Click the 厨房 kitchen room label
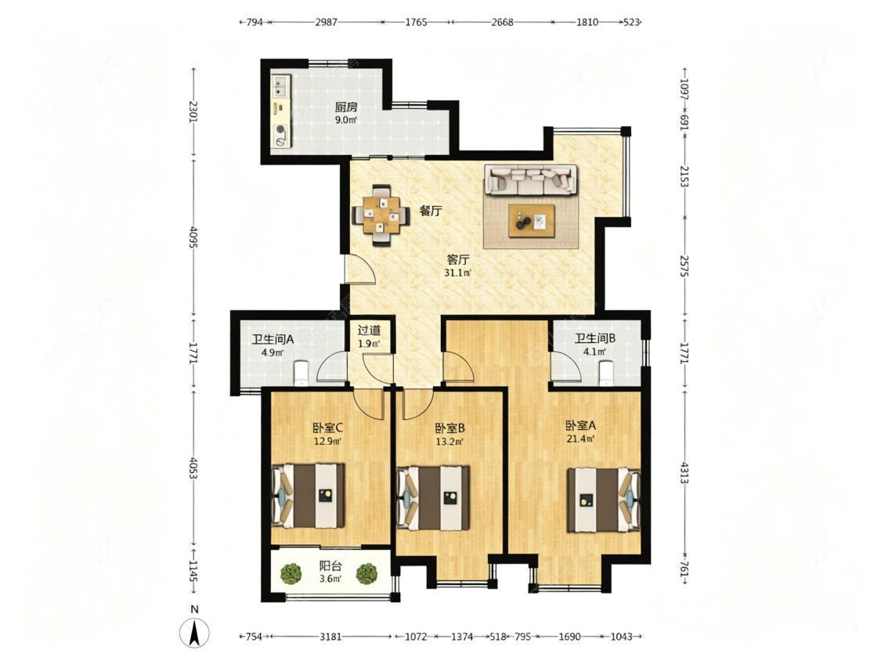tap(346, 107)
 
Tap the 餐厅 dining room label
tap(431, 211)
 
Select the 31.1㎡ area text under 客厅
tap(458, 273)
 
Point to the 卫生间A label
tap(273, 339)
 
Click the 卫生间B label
tap(595, 338)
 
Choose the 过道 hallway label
tap(369, 330)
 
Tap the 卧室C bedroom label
tap(328, 428)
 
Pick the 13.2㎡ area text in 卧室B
tap(450, 442)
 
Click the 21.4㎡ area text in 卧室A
tap(581, 439)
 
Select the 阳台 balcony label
tap(330, 566)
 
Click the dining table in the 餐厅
tap(381, 215)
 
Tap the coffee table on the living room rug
tap(531, 221)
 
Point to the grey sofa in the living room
tap(531, 179)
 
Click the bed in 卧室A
tap(604, 500)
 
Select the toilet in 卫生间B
tap(605, 374)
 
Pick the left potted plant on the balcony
tap(291, 573)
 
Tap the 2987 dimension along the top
tap(326, 22)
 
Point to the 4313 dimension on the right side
tap(684, 473)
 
